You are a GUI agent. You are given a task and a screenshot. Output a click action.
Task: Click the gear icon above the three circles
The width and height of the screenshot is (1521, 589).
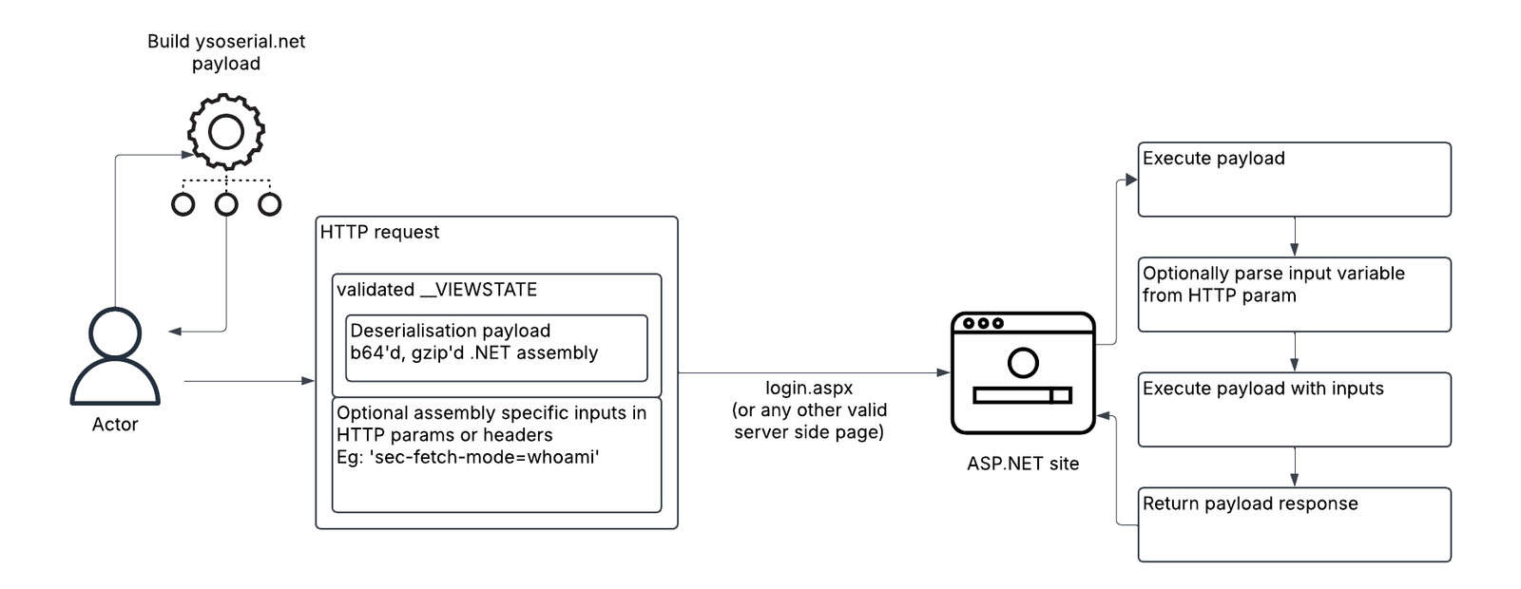click(226, 131)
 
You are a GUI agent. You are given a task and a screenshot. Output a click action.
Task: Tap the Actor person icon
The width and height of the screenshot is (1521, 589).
click(115, 356)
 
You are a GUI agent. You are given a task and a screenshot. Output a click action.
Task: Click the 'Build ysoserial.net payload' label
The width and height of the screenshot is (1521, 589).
click(226, 52)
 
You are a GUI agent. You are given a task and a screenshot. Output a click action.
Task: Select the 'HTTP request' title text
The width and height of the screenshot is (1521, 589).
click(379, 232)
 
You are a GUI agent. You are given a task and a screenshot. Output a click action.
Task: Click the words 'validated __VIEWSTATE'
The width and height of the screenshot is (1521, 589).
click(436, 290)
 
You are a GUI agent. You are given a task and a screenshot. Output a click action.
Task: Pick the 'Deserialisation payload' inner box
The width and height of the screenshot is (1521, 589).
click(496, 348)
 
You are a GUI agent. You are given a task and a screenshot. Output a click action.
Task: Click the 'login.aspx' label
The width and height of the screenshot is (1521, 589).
click(809, 388)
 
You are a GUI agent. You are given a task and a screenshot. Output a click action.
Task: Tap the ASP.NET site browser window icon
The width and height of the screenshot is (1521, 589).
click(1023, 372)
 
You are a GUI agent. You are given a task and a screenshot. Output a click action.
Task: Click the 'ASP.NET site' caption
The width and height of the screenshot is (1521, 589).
click(1023, 464)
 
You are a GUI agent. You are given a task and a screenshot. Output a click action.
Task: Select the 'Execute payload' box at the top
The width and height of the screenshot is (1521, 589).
click(1294, 180)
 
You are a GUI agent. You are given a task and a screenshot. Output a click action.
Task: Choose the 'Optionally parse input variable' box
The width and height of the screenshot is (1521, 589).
click(1294, 294)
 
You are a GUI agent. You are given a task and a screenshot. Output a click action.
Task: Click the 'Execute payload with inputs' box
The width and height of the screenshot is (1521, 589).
click(1294, 409)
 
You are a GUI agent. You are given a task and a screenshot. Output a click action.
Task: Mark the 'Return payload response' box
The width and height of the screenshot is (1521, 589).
click(1294, 524)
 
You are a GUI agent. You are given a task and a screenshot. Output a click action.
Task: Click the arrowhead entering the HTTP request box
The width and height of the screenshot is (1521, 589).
click(308, 381)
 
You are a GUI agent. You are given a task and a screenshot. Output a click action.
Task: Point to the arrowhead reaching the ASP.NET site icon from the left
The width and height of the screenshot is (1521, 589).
click(943, 373)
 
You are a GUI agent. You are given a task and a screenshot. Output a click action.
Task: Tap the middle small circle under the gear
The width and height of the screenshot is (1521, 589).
click(226, 204)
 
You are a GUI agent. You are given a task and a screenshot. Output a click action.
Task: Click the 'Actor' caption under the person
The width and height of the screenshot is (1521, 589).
click(115, 425)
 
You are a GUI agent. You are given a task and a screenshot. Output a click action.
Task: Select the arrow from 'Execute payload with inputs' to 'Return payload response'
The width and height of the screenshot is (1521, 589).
click(1294, 466)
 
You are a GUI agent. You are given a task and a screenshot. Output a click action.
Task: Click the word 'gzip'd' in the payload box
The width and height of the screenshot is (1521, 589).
click(436, 352)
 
